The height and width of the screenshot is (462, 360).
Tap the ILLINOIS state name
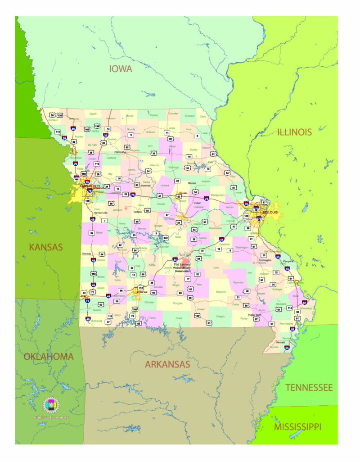tap(295, 132)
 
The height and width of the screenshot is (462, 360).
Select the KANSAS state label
tap(46, 247)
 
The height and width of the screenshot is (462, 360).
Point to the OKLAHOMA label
tap(49, 357)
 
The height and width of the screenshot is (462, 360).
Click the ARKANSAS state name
tap(167, 364)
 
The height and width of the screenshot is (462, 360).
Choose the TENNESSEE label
tap(309, 387)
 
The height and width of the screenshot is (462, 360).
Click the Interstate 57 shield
tap(305, 303)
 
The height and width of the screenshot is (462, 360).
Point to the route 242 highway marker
tap(165, 237)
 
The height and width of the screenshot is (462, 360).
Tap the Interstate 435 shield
tap(76, 178)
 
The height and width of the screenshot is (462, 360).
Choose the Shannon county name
tap(220, 292)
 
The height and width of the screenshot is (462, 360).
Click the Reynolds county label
tap(238, 282)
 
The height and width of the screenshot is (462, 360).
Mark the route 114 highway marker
tap(290, 308)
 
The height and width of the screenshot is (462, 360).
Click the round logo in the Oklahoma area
tap(51, 405)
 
